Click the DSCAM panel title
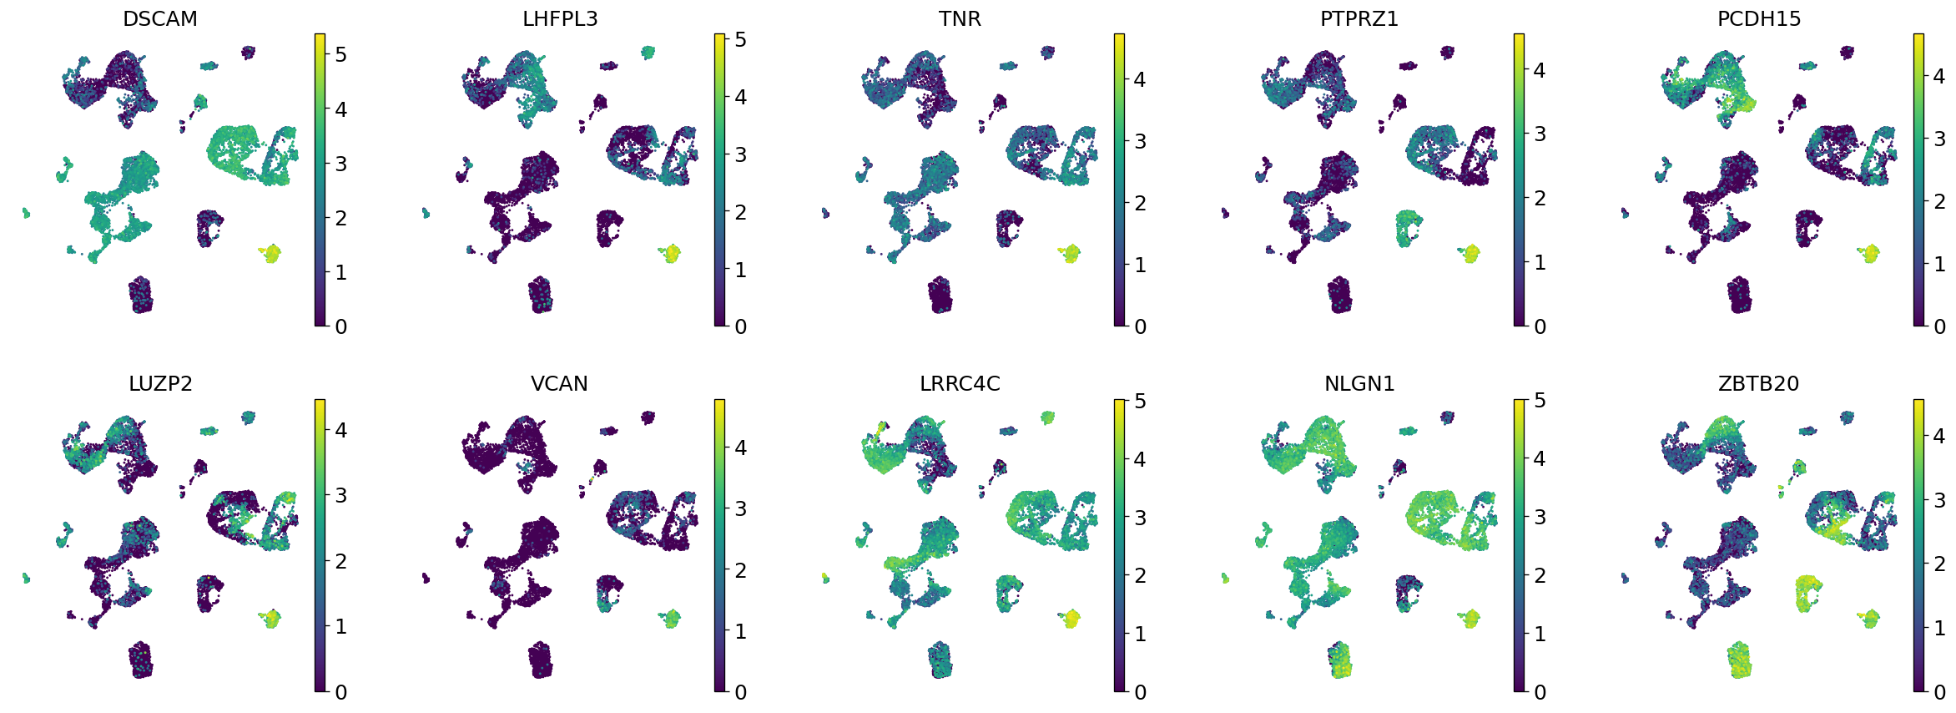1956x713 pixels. click(160, 18)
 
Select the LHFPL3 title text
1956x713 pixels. click(560, 18)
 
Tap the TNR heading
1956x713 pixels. click(960, 18)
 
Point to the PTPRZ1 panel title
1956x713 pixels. click(1359, 18)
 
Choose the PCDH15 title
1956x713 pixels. click(1759, 18)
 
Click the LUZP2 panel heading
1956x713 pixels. click(160, 383)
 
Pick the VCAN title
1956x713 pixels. click(560, 383)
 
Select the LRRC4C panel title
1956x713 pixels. click(960, 383)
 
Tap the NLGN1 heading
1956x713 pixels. click(1359, 383)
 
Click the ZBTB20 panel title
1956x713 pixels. click(1759, 383)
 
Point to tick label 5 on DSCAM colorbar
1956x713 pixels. click(340, 55)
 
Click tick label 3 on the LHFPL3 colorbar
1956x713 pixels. click(740, 154)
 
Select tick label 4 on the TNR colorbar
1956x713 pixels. click(1140, 80)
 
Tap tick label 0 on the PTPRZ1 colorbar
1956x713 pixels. click(1540, 326)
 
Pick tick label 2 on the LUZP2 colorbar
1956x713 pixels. click(340, 561)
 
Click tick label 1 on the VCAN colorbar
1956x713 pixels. click(740, 632)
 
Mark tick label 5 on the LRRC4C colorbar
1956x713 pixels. click(1140, 402)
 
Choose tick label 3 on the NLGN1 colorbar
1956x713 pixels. click(1540, 518)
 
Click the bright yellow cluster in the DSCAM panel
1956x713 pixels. click(270, 253)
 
